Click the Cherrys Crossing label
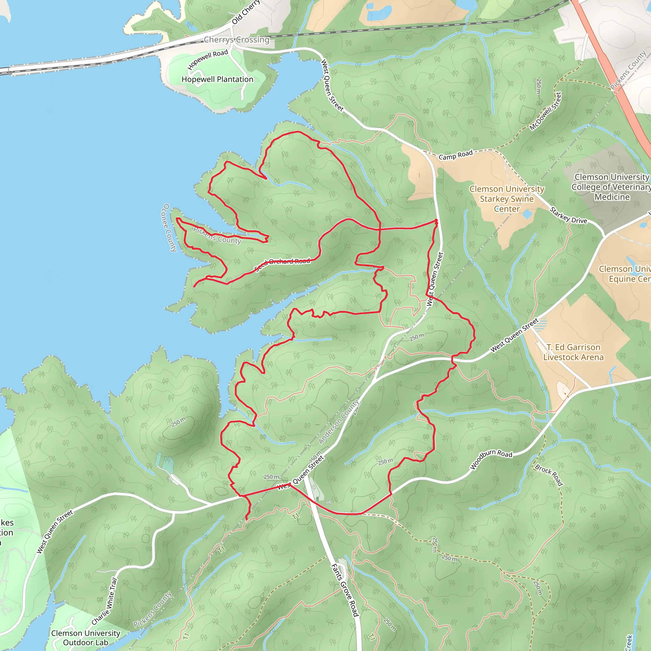click(236, 40)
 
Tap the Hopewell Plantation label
click(217, 79)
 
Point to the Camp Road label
click(456, 155)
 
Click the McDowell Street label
click(545, 111)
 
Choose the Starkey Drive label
click(568, 215)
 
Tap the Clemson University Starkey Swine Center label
click(507, 199)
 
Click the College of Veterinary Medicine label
click(612, 187)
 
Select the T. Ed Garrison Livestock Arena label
click(573, 352)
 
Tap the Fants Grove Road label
click(345, 590)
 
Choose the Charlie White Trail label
click(105, 601)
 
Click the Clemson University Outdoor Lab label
click(86, 638)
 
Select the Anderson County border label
click(339, 421)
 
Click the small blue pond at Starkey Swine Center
click(527, 214)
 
